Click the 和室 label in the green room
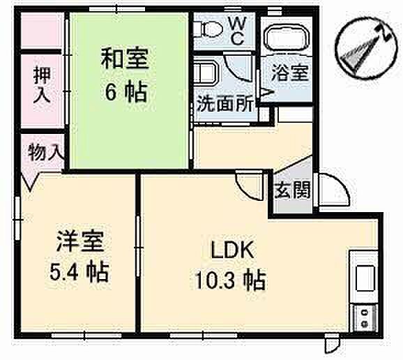(x=125, y=59)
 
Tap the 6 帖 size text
(x=126, y=92)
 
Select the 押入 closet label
(x=42, y=84)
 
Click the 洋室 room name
(x=80, y=241)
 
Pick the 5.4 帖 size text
(x=79, y=272)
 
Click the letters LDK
(x=233, y=250)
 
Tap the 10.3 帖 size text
(x=230, y=280)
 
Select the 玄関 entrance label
(x=292, y=190)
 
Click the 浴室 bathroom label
(x=290, y=73)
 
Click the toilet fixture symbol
(x=208, y=29)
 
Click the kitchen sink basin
(x=365, y=278)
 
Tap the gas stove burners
(x=365, y=318)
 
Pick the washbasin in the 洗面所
(x=206, y=74)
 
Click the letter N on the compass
(x=385, y=32)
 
